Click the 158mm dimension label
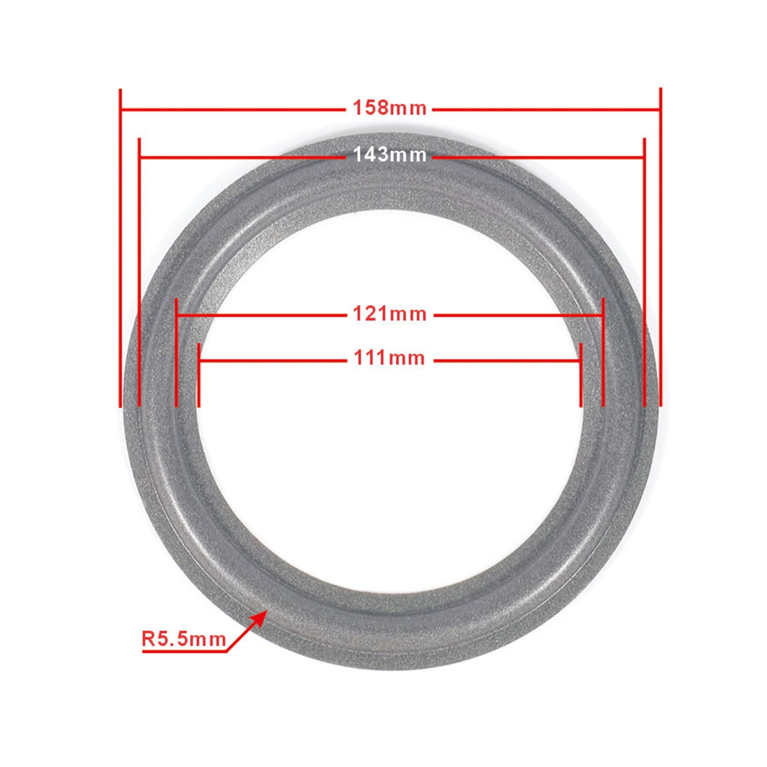[x=389, y=108]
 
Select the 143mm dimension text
[x=389, y=155]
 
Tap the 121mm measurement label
[x=389, y=314]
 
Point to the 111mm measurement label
[x=389, y=358]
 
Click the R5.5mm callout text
[x=184, y=639]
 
